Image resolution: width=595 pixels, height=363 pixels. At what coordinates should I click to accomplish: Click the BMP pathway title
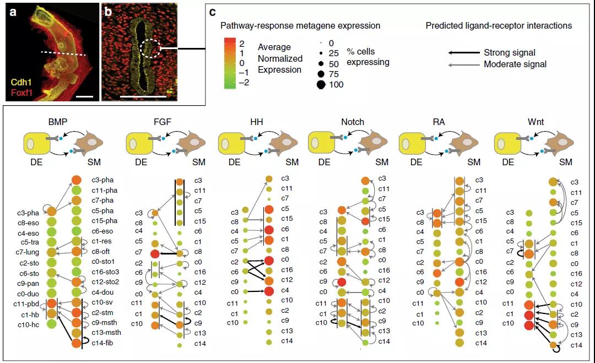point(58,122)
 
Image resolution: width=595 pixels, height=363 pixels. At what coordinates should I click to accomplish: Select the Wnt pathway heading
point(535,122)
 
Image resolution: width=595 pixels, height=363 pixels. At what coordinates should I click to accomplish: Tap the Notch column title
point(353,122)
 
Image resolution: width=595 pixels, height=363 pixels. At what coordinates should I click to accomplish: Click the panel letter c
point(213,12)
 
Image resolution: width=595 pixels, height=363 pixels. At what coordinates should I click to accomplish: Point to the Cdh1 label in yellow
point(21,82)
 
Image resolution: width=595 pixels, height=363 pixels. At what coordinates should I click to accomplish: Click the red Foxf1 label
point(21,93)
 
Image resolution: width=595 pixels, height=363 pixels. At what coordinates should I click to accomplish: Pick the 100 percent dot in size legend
point(321,85)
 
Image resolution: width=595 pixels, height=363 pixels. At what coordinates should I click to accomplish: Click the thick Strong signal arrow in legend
point(464,53)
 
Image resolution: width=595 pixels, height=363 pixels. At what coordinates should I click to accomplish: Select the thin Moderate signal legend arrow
point(464,65)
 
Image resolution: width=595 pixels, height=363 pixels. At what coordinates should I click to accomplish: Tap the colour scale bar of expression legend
point(230,63)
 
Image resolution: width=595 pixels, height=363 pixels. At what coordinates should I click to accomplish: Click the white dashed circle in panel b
point(150,48)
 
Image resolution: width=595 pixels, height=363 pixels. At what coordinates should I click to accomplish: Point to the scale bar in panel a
point(84,96)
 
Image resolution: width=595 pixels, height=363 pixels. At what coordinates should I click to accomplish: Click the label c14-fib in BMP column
point(102,343)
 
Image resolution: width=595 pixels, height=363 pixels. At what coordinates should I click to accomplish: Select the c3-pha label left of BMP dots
point(28,213)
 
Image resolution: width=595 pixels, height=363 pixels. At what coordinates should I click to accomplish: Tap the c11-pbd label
point(26,304)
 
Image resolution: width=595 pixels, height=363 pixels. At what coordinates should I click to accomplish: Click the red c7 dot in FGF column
point(155,254)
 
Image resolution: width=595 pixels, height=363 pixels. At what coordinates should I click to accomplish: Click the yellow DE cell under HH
point(231,143)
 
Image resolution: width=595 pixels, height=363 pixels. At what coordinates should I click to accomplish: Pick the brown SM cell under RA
point(465,143)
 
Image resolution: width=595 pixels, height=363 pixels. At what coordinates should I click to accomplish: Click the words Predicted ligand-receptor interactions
point(499,26)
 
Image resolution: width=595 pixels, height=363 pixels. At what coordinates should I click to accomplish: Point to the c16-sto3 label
point(105,272)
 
